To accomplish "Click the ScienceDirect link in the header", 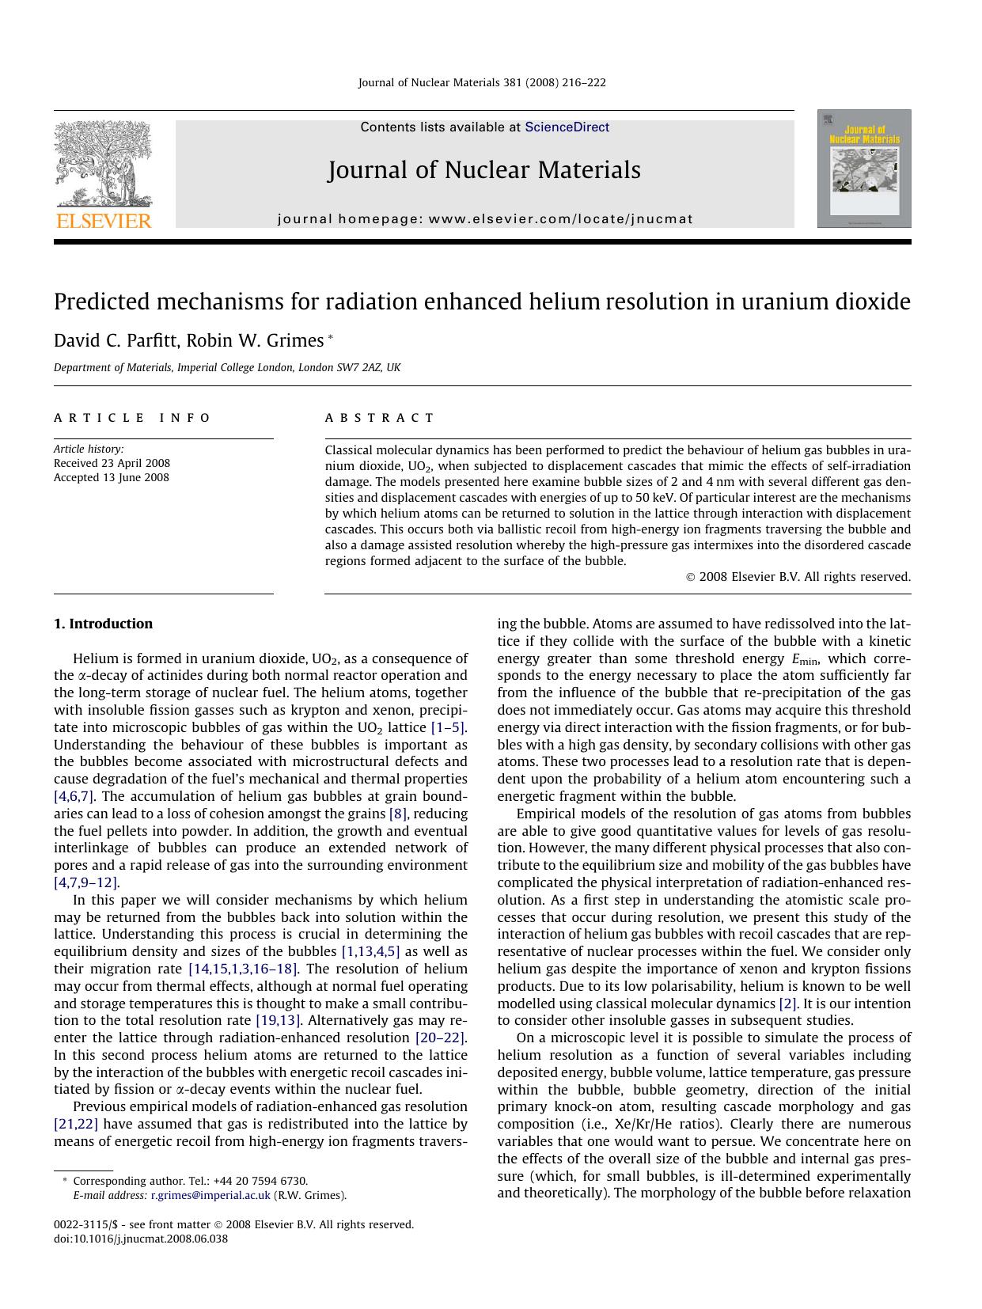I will [567, 127].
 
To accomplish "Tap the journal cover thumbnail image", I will [864, 169].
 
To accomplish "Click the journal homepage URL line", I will [485, 219].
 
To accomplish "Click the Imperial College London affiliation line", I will [227, 367].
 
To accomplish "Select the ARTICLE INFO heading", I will [132, 418].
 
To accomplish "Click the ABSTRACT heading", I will [380, 418].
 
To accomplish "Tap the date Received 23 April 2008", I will [112, 463].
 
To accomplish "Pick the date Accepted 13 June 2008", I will [111, 477].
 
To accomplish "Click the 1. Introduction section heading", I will [103, 624].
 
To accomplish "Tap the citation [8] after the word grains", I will [397, 814].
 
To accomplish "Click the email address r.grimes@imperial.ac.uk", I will [210, 1195].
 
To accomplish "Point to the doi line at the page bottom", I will [141, 1239].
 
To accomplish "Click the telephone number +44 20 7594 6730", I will [260, 1181].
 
